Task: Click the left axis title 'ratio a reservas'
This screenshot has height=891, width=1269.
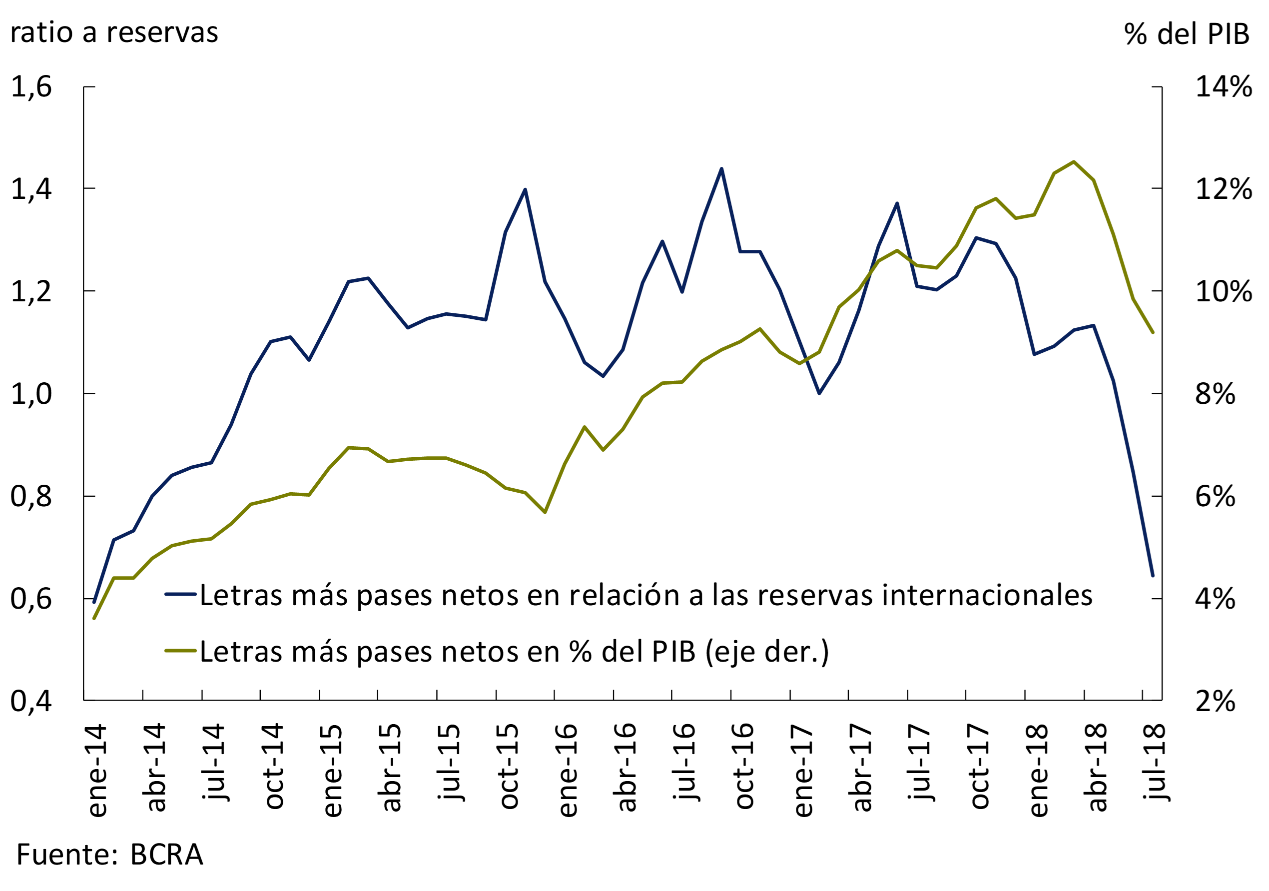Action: pyautogui.click(x=114, y=32)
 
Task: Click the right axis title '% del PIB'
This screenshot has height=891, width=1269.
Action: pyautogui.click(x=1187, y=34)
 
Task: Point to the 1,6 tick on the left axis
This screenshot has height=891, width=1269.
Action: pyautogui.click(x=31, y=87)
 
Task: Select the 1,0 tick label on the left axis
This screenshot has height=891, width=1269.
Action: pyautogui.click(x=31, y=394)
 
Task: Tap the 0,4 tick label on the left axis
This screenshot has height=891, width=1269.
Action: pyautogui.click(x=31, y=701)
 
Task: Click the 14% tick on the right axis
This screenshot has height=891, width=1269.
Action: pyautogui.click(x=1224, y=87)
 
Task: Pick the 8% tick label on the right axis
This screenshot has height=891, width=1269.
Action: pyautogui.click(x=1215, y=394)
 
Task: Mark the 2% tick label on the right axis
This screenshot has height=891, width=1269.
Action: pyautogui.click(x=1215, y=701)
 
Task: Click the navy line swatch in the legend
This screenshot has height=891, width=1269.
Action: pyautogui.click(x=181, y=594)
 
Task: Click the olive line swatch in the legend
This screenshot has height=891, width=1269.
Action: pyautogui.click(x=181, y=651)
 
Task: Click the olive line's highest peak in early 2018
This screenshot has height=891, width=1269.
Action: pyautogui.click(x=1073, y=162)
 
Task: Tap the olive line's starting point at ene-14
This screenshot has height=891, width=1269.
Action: pyautogui.click(x=94, y=618)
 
